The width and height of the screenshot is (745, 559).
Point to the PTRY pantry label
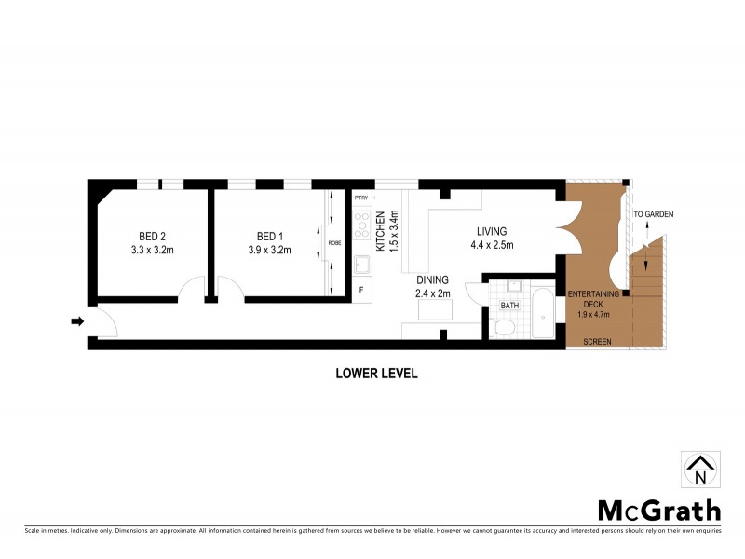pyautogui.click(x=361, y=198)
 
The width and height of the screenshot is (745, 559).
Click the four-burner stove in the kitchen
pyautogui.click(x=361, y=224)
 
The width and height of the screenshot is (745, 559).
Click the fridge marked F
pyautogui.click(x=361, y=290)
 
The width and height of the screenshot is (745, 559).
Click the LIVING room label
pyautogui.click(x=491, y=231)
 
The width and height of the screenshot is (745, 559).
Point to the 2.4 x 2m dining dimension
pyautogui.click(x=432, y=293)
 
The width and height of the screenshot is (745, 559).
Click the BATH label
pyautogui.click(x=509, y=305)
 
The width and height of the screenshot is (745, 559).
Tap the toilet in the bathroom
pyautogui.click(x=504, y=327)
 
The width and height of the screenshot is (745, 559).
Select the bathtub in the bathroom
pyautogui.click(x=539, y=315)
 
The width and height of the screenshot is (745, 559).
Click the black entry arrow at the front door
pyautogui.click(x=76, y=322)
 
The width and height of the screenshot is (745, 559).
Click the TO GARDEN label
pyautogui.click(x=653, y=215)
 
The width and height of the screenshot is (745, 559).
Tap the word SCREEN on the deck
pyautogui.click(x=597, y=342)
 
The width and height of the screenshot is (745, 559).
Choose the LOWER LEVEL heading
pyautogui.click(x=376, y=374)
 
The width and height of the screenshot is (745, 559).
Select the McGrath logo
pyautogui.click(x=658, y=510)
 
